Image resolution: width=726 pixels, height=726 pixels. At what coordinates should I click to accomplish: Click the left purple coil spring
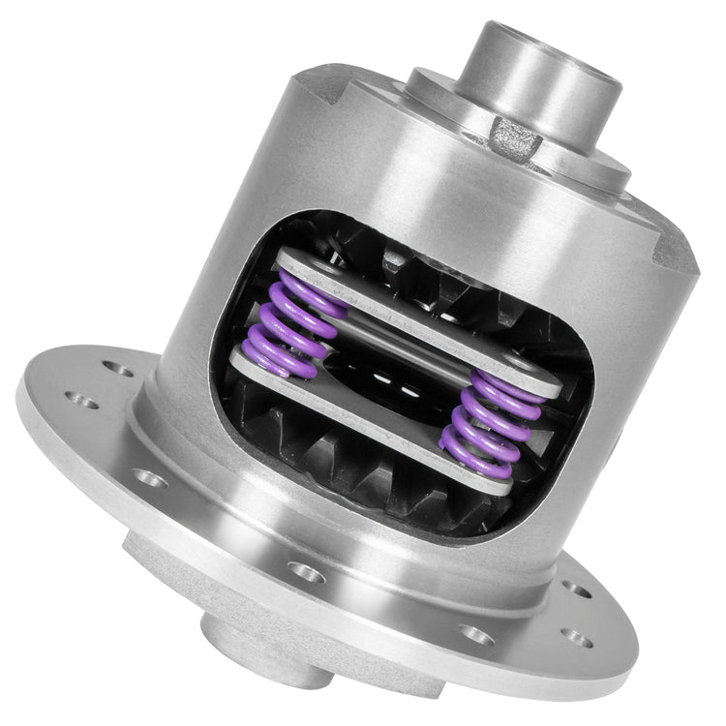pyautogui.click(x=290, y=315)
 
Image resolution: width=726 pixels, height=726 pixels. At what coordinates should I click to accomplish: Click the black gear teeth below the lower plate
pyautogui.click(x=387, y=479)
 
